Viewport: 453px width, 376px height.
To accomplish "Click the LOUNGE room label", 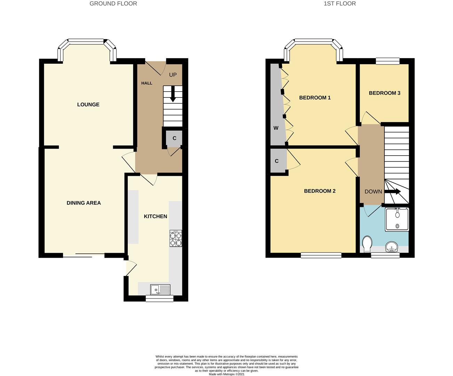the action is click(x=88, y=104).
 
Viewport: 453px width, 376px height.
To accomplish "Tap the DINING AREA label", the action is click(x=84, y=203).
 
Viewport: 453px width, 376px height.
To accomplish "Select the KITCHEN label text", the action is click(x=156, y=216).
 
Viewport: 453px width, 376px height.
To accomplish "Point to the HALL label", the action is click(x=147, y=83).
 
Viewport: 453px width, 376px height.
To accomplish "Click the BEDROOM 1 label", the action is click(x=315, y=98).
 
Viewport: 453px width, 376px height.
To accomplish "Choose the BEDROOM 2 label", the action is click(x=320, y=191).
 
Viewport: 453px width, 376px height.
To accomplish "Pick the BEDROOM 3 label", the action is click(x=384, y=93).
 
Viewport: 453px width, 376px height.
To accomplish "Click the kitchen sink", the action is click(x=160, y=290).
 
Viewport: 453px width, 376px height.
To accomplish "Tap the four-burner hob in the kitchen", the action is click(x=176, y=238).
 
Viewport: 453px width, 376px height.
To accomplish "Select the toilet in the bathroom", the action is click(x=367, y=244).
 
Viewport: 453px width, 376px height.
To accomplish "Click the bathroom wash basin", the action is click(x=392, y=247).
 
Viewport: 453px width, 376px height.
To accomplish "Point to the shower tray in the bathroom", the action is click(x=397, y=219).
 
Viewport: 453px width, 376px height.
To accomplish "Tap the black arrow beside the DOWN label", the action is click(x=392, y=191).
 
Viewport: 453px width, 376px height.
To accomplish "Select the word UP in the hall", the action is click(x=173, y=75).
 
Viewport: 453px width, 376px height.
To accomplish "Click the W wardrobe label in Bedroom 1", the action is click(x=276, y=128).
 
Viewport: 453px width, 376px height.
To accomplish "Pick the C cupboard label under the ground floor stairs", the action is click(x=174, y=138).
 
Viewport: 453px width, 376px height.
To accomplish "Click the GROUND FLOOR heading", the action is click(x=113, y=4).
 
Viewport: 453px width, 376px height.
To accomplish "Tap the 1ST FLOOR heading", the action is click(x=340, y=4).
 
